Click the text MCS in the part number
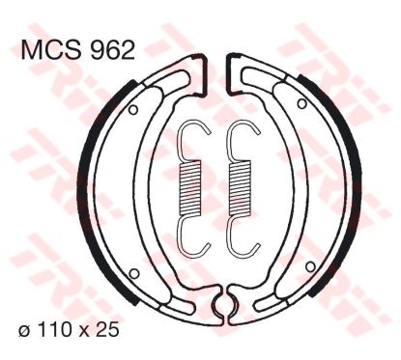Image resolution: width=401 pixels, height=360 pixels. pos(52,50)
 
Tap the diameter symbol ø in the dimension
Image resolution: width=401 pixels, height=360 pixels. pos(23,330)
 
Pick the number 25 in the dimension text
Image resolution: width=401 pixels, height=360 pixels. pos(107,329)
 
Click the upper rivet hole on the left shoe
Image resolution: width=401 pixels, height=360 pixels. pos(133,110)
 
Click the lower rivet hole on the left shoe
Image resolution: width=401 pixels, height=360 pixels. pos(134,274)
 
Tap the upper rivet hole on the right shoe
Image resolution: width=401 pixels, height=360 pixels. pos(301,103)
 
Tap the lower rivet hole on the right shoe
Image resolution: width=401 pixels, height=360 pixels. pos(310,266)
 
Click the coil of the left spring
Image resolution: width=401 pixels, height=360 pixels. pos(189,187)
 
